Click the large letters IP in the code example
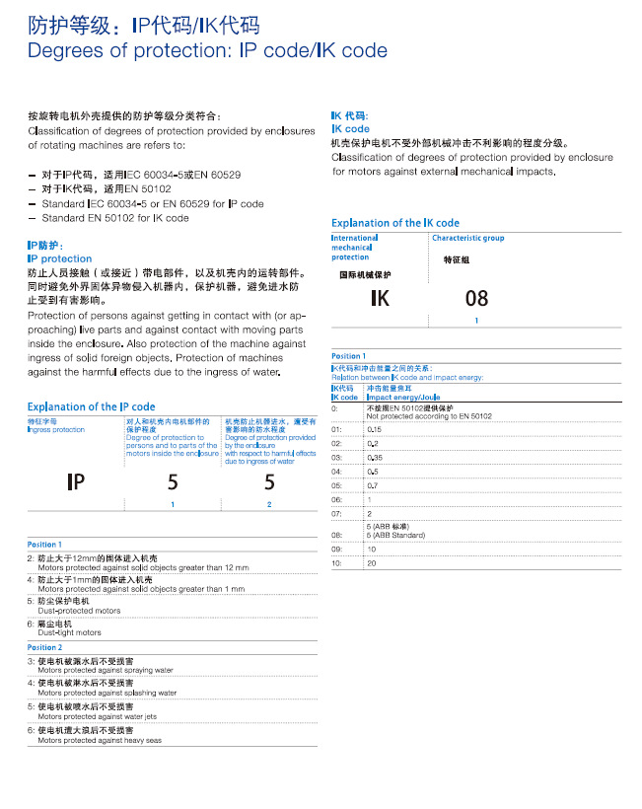[x=76, y=481]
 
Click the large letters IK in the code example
[x=380, y=299]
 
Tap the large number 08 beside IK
[x=476, y=299]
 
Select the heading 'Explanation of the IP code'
[x=92, y=406]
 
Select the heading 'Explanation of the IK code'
[x=395, y=223]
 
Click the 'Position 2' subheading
[x=44, y=647]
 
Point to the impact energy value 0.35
[x=375, y=458]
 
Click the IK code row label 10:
[x=337, y=562]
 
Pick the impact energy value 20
[x=372, y=562]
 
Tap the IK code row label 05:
[x=337, y=485]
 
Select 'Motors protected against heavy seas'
[x=100, y=739]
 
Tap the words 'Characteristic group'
[x=467, y=238]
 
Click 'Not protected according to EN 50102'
[x=429, y=416]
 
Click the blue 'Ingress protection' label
[x=56, y=430]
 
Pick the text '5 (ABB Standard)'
[x=395, y=535]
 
